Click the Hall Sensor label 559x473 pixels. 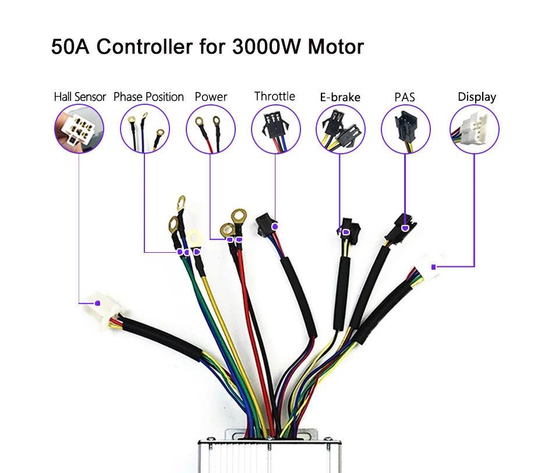point(80,97)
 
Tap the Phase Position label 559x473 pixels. point(148,97)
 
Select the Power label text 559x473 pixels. point(211,97)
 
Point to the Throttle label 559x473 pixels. point(275,96)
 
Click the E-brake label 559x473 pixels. point(340,97)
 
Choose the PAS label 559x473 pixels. point(405,97)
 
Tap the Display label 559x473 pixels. point(477,97)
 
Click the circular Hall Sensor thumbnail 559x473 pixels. point(79,129)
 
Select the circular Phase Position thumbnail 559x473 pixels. point(145,129)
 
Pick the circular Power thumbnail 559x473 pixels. point(211,129)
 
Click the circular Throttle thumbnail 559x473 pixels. point(276,129)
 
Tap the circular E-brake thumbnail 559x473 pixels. point(341,129)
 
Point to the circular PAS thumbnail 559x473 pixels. point(406,129)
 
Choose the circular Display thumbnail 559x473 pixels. point(475,129)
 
